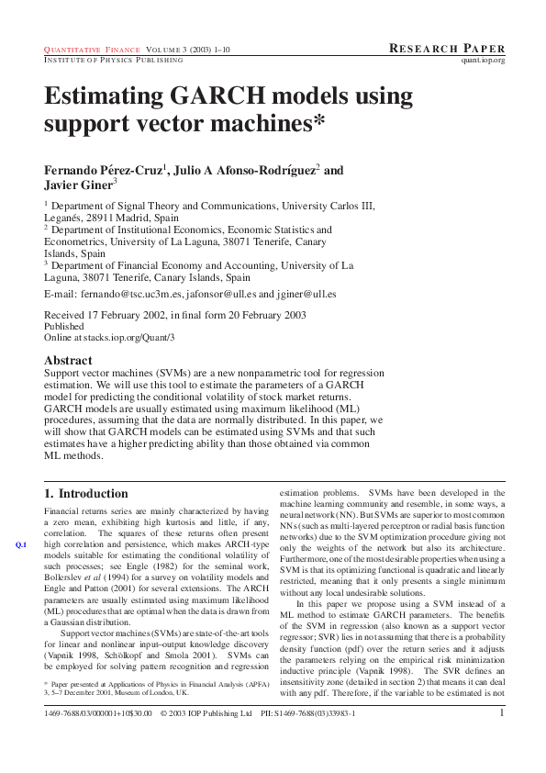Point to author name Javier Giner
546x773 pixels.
pyautogui.click(x=78, y=185)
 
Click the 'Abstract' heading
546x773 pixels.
pyautogui.click(x=69, y=361)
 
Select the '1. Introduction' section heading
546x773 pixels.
pyautogui.click(x=86, y=493)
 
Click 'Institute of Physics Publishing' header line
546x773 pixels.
pyautogui.click(x=114, y=60)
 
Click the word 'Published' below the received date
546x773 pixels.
pyautogui.click(x=64, y=326)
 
